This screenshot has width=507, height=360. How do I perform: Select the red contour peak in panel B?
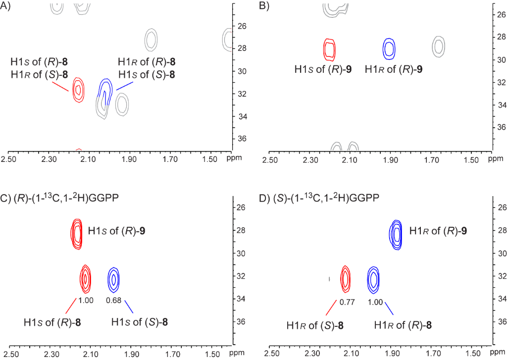330,50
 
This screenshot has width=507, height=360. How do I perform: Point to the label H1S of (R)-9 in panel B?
324,69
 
